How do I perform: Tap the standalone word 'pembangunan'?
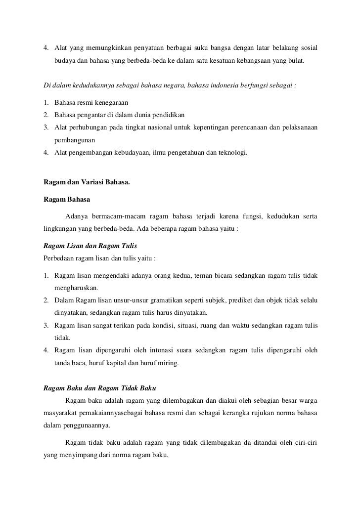pos(75,140)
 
